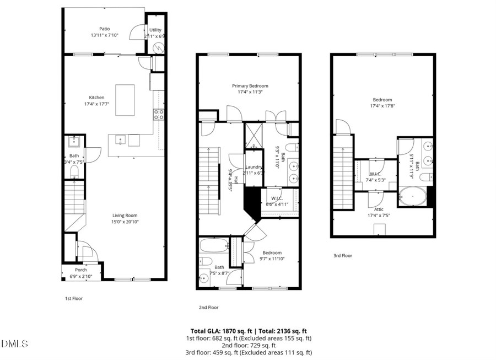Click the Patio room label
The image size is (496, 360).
coord(104,29)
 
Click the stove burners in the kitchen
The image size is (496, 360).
coord(158,114)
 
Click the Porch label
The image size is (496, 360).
coord(81,270)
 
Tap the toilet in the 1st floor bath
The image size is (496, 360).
coord(74,171)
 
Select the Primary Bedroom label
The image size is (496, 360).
coord(250,85)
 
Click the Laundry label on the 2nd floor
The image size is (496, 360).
coord(254,166)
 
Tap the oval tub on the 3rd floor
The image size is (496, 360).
coord(413,196)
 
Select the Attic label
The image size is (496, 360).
coord(379,209)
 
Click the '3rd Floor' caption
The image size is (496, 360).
coord(343,255)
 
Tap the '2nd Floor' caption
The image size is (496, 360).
coord(208,307)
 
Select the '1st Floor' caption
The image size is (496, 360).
coord(73,298)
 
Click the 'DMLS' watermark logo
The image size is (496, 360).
coord(15,344)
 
